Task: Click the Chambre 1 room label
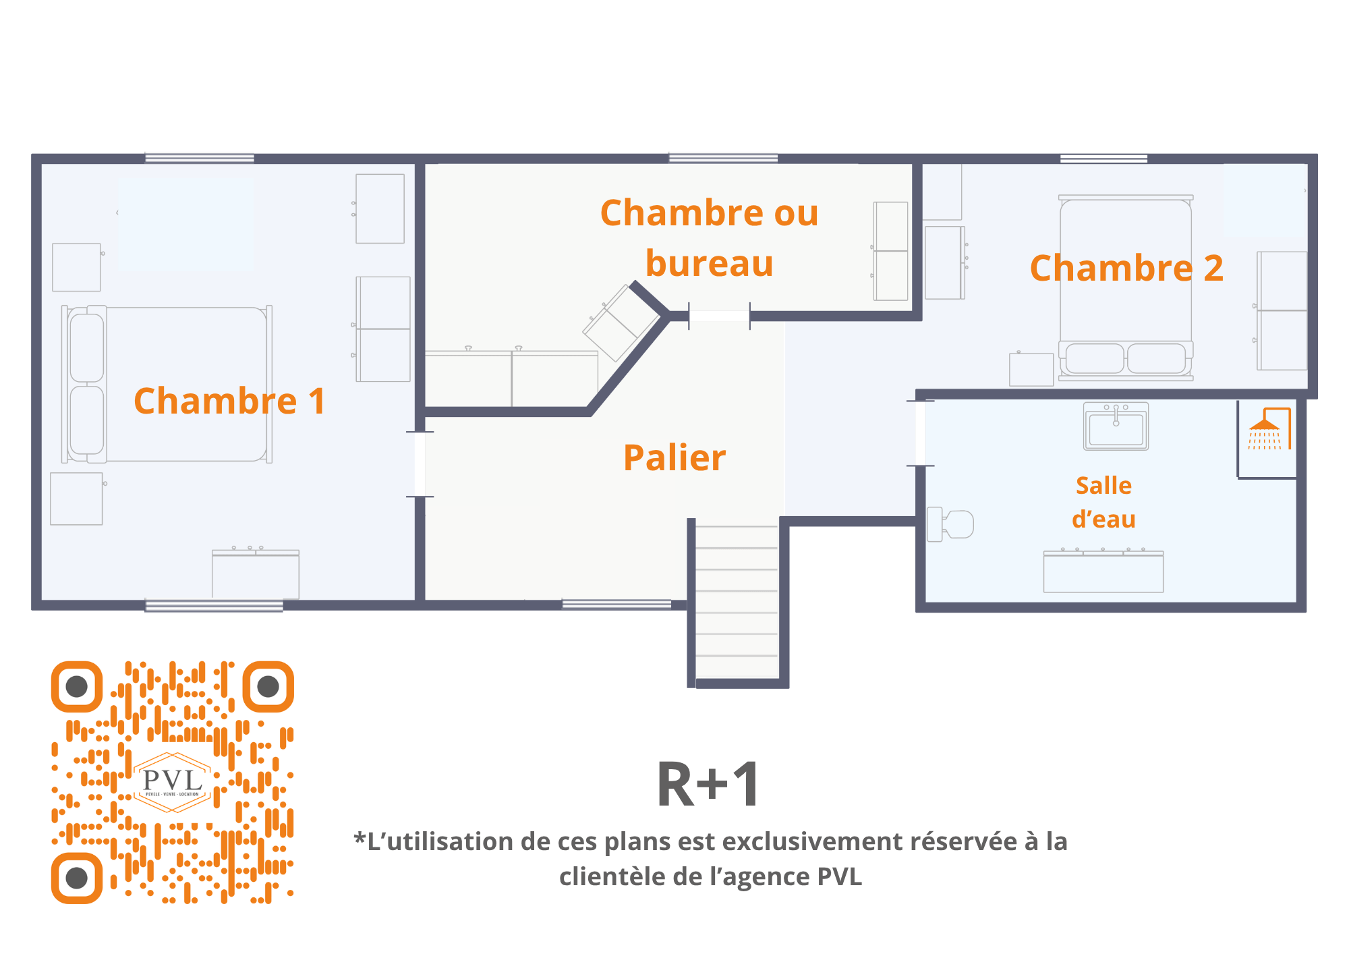click(x=229, y=401)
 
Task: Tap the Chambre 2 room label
click(x=1126, y=268)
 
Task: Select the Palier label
click(x=674, y=458)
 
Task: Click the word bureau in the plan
click(x=709, y=263)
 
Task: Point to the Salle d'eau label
click(x=1103, y=502)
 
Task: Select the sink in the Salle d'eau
click(x=1116, y=426)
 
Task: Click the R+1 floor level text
click(x=708, y=785)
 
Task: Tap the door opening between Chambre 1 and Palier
click(x=420, y=464)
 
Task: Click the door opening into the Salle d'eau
click(x=920, y=433)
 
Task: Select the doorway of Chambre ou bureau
click(x=719, y=316)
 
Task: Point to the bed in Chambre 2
click(x=1125, y=287)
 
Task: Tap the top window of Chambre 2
click(x=1103, y=159)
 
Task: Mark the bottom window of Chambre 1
click(x=214, y=605)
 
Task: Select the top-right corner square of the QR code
click(x=268, y=687)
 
